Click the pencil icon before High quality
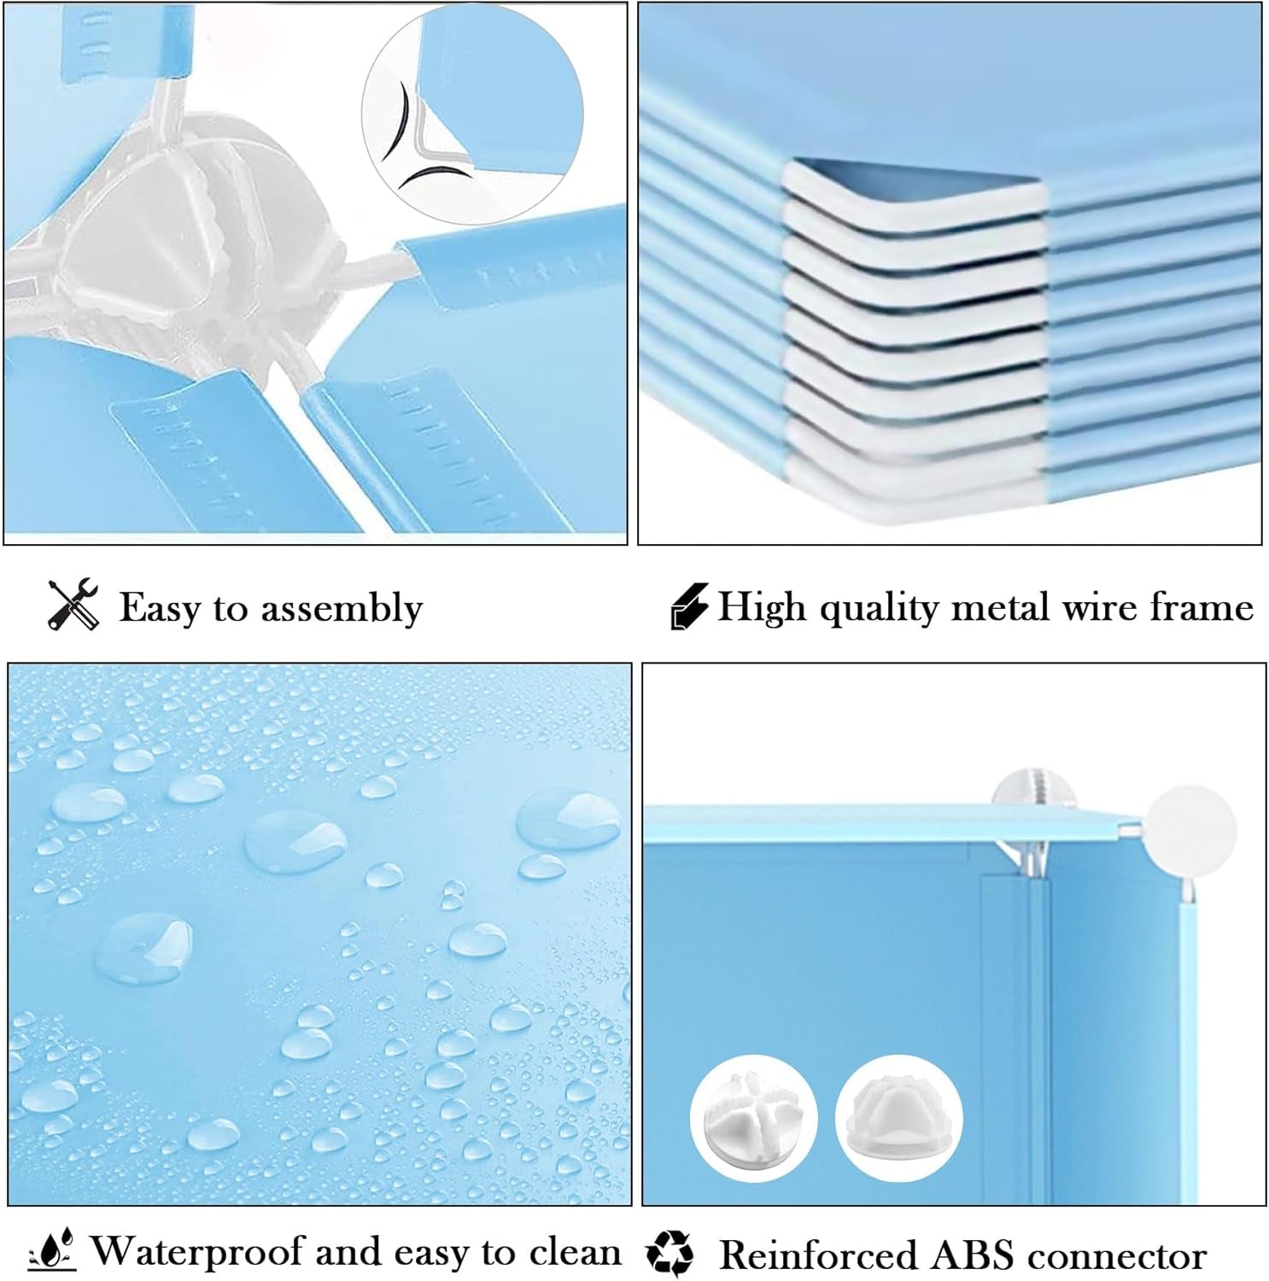coord(688,606)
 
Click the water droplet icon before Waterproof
coord(53,1251)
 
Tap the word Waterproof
coord(197,1252)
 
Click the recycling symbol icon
coord(670,1253)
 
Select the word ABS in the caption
coord(974,1255)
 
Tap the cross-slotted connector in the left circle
coord(753,1119)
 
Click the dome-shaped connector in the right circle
coord(898,1119)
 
